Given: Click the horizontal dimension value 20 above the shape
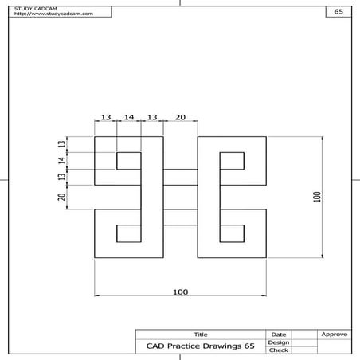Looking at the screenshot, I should coord(180,117).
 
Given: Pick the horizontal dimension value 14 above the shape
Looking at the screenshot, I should coord(129,117).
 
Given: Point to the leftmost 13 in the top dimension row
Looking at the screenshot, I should coord(106,117).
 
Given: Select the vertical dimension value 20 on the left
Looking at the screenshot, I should coord(62,197).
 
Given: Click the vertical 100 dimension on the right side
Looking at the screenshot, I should coord(316,197).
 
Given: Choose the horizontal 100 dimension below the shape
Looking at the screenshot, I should coord(180,292).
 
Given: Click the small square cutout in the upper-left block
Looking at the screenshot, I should coord(129,160).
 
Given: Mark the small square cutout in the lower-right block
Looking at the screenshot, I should coord(231,233).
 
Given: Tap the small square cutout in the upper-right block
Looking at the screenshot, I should coord(231,160).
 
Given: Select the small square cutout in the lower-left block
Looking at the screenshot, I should coord(129,233).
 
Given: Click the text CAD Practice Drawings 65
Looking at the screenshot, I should coord(200,346).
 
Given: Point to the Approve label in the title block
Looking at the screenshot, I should coord(334,334).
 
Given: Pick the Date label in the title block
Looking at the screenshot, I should coord(279,334).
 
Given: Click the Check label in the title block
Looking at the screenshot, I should coord(279,350).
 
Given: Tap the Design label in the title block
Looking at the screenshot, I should coord(279,342).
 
